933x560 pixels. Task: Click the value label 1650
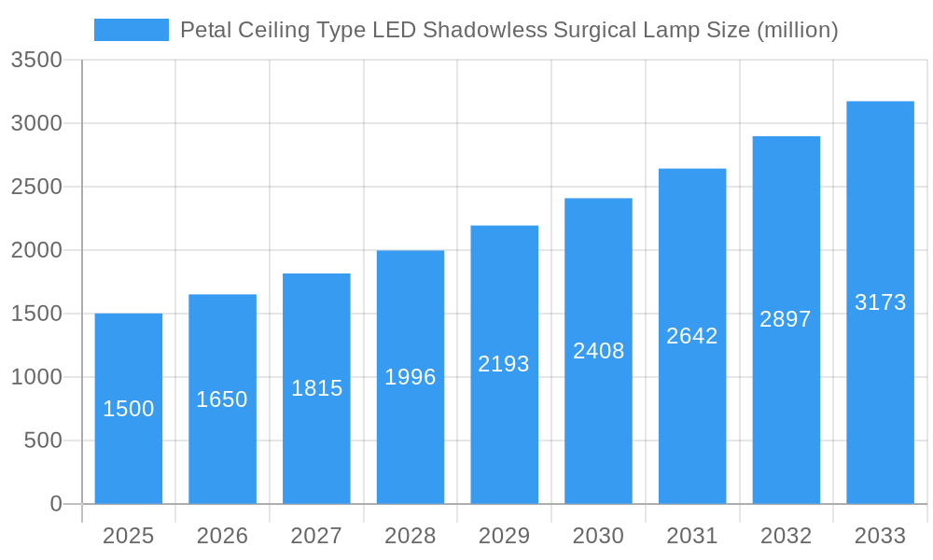[x=222, y=399]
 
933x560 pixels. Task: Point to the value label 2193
[x=504, y=364]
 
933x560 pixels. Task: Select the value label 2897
[x=786, y=319]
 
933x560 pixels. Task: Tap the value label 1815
[x=316, y=388]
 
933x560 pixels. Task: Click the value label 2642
[x=692, y=336]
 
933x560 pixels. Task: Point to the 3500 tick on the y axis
[x=36, y=61]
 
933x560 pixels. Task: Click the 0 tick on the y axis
[x=55, y=504]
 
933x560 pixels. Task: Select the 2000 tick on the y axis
[x=36, y=250]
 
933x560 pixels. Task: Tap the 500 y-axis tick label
[x=43, y=441]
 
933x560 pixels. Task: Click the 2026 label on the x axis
[x=222, y=536]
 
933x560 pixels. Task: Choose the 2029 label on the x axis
[x=504, y=536]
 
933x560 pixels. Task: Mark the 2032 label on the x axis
[x=786, y=536]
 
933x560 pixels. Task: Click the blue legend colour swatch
[x=132, y=30]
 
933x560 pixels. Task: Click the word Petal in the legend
[x=204, y=30]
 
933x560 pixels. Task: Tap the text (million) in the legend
[x=797, y=30]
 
